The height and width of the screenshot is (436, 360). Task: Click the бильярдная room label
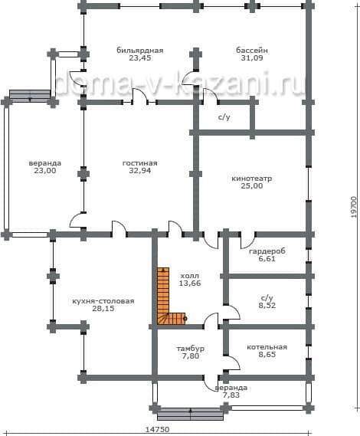point(140,51)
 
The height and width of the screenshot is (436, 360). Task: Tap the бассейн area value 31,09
point(252,57)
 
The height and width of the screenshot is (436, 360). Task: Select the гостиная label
point(140,163)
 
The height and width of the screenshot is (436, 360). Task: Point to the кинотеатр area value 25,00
point(251,185)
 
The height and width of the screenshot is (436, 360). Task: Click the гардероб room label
point(267,251)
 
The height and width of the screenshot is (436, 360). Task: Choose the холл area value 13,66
point(190,284)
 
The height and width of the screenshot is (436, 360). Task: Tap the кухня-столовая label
point(103,301)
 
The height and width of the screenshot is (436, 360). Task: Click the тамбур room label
point(191,349)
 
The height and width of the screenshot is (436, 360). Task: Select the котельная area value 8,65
point(267,355)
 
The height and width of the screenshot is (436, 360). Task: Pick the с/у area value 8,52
point(267,305)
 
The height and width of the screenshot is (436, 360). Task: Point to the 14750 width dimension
point(157,430)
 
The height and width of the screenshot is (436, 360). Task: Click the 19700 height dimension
point(353,207)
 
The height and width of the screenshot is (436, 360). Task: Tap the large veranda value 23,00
point(45,170)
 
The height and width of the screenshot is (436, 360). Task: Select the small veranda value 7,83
point(231,395)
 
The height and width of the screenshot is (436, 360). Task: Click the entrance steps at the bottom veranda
point(191,415)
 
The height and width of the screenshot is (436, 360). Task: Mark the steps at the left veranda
point(30,94)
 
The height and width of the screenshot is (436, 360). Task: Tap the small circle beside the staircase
point(185,319)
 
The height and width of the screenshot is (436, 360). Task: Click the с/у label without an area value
point(224,117)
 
